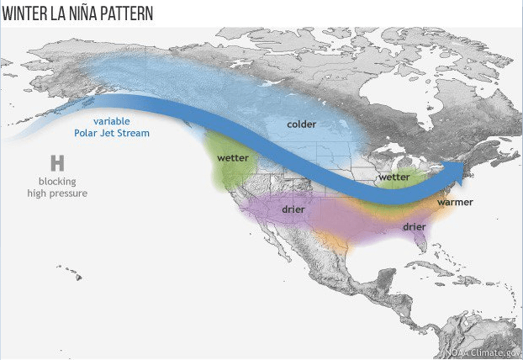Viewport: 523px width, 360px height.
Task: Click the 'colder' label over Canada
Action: (301, 124)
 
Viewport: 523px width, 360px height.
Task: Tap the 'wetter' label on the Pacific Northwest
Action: (232, 157)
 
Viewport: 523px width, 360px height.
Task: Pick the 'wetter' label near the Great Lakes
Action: (394, 177)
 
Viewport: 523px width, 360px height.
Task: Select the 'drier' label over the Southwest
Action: (293, 208)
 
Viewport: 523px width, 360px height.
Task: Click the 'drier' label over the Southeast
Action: (414, 226)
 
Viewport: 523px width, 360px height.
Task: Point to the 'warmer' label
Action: (455, 202)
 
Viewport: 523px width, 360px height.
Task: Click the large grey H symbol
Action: (57, 162)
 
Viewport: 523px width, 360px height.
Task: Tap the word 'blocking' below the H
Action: (57, 182)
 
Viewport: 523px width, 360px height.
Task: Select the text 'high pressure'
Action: (57, 193)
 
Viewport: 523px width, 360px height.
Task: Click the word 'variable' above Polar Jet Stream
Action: (112, 120)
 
